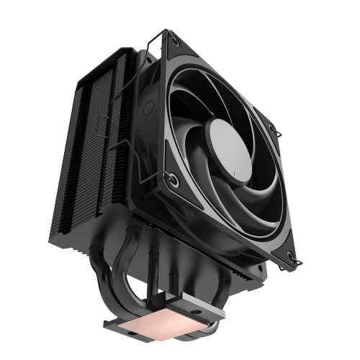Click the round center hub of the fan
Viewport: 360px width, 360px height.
tap(230, 143)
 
